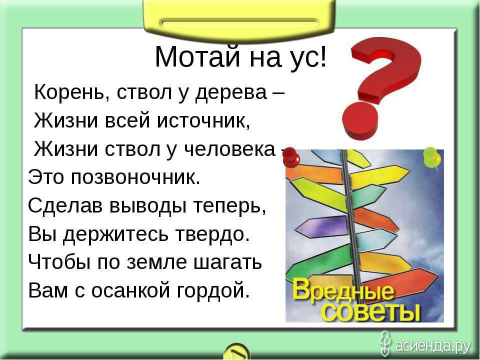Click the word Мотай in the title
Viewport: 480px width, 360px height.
click(197, 57)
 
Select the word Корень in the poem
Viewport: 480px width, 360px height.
click(70, 92)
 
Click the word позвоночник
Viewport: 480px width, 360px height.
click(135, 177)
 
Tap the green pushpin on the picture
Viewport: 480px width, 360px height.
click(432, 157)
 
